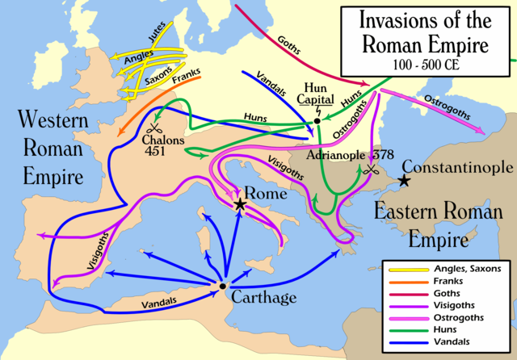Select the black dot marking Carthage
(222, 285)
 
